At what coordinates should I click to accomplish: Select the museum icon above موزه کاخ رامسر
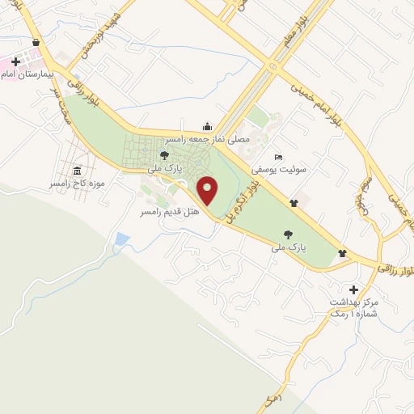pos(77,171)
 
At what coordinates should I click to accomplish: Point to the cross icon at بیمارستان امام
pos(15,61)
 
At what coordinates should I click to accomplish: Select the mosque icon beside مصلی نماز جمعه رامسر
pos(208,125)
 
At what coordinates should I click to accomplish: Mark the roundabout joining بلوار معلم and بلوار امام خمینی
pos(276,65)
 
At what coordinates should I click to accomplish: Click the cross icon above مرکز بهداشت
pos(353,289)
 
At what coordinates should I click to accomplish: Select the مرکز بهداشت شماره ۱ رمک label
pos(353,307)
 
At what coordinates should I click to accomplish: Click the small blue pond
pos(122,239)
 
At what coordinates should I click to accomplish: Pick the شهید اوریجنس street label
pos(101,36)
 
